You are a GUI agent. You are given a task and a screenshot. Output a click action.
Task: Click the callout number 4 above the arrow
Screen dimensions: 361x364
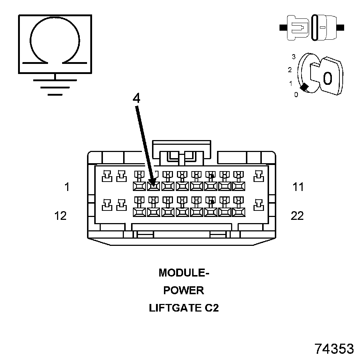click(136, 99)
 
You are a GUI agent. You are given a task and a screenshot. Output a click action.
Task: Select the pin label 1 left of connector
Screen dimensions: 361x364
click(67, 187)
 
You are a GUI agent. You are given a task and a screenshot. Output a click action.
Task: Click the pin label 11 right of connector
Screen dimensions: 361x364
click(298, 187)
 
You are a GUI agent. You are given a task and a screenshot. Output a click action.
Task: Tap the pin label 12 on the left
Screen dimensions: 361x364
click(61, 216)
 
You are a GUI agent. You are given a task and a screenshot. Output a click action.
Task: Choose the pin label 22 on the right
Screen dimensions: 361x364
click(297, 216)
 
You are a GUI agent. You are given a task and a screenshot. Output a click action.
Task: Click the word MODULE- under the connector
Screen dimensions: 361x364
click(184, 273)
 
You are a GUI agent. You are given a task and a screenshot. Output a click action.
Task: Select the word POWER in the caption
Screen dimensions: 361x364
click(184, 290)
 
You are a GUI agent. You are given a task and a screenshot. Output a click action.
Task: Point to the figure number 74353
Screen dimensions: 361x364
click(334, 349)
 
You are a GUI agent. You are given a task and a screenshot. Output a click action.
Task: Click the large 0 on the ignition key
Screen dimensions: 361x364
click(327, 78)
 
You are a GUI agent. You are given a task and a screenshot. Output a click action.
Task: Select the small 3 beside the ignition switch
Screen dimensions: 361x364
click(294, 57)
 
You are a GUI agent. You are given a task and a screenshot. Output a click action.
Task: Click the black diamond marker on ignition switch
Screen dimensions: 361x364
click(305, 87)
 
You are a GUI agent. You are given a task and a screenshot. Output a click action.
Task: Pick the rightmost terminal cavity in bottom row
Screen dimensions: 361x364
click(259, 204)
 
